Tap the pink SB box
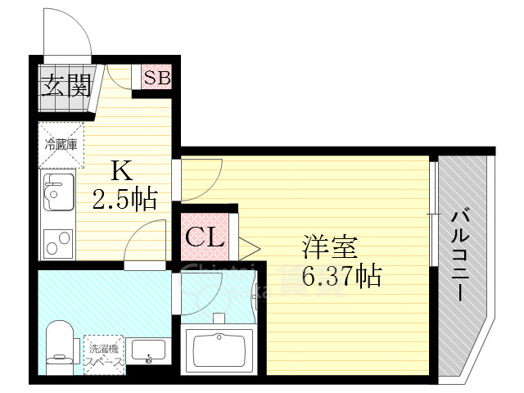(156, 79)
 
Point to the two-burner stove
(56, 243)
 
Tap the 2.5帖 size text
(125, 199)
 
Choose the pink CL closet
(204, 238)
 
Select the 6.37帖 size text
(341, 277)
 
